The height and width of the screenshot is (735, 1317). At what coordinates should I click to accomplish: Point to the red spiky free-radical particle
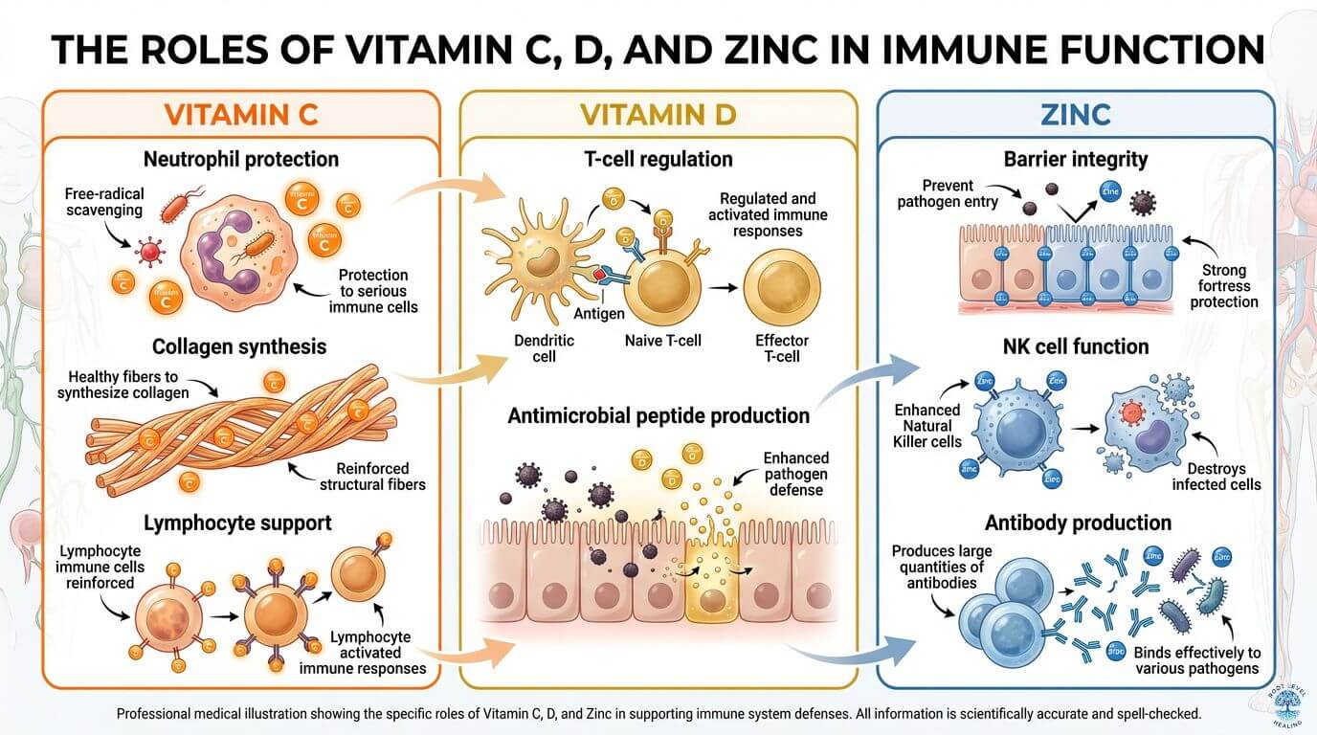coord(149,253)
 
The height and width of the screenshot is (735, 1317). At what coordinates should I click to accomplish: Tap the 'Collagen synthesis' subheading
coord(239,346)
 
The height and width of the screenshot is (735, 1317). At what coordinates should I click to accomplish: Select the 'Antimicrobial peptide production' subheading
coord(658,415)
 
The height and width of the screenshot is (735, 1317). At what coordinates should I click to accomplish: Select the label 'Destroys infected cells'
coord(1217,476)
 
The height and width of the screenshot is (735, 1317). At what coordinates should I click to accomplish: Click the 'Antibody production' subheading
coord(1079,523)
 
